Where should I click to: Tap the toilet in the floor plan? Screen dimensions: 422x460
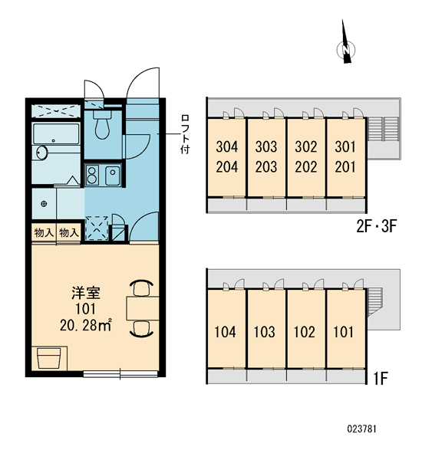(102, 124)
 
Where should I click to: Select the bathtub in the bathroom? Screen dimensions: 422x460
(56, 133)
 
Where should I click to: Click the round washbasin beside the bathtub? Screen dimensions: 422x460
(42, 153)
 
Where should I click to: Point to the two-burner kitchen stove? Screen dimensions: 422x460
(93, 175)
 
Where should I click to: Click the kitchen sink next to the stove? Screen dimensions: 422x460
(113, 175)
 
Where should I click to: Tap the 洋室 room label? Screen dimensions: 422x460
(86, 293)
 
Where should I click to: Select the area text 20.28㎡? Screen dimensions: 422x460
(85, 325)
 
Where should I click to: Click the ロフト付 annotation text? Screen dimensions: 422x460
(185, 134)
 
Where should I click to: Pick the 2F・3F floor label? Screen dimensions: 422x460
(377, 226)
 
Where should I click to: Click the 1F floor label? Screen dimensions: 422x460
(381, 379)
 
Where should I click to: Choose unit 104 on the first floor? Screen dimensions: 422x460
(225, 332)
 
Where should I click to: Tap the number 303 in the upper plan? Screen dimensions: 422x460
(266, 146)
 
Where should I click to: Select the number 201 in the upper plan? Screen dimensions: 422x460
(345, 167)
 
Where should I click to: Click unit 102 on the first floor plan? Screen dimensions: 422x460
(305, 332)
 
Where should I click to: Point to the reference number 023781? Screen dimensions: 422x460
(361, 429)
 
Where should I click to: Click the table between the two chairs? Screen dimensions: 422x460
(143, 308)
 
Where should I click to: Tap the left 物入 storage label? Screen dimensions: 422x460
(44, 233)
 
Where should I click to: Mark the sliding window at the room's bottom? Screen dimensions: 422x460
(120, 374)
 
